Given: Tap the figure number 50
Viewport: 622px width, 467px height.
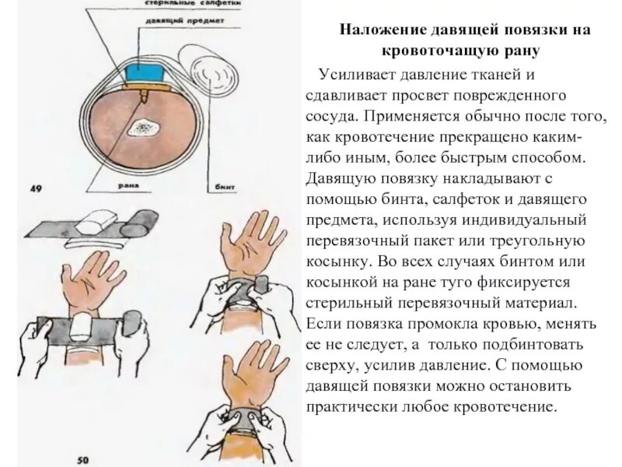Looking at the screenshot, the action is [83, 460].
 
